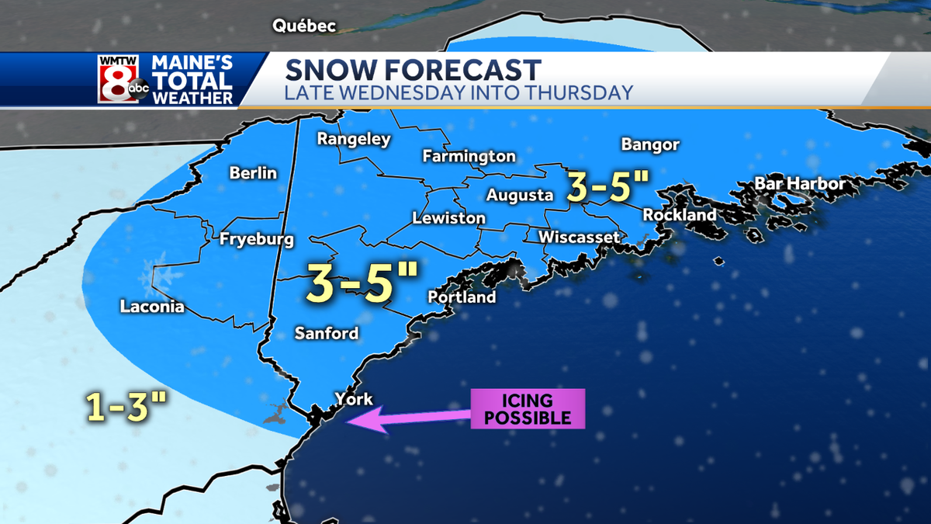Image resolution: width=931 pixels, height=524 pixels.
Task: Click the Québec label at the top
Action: point(303,26)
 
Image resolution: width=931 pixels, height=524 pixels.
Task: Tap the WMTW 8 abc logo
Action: point(123,79)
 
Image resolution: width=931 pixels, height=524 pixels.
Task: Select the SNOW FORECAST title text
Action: point(412,70)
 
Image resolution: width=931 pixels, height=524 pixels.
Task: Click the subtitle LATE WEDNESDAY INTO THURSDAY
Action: point(459,93)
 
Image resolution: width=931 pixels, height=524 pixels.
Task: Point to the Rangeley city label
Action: point(354,140)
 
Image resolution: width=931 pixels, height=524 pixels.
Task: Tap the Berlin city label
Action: point(253,173)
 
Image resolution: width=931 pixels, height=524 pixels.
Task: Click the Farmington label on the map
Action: point(469,157)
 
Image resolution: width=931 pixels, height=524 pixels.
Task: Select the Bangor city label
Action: point(650,144)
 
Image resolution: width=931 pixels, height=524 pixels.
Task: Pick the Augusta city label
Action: point(520,196)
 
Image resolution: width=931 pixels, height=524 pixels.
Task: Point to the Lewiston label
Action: point(448,218)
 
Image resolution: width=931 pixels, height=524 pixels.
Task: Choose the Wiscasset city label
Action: point(579,237)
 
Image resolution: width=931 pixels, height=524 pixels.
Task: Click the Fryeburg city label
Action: point(256,240)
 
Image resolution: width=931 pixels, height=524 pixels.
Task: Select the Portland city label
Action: point(462,297)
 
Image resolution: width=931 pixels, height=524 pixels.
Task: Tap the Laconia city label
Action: point(152,307)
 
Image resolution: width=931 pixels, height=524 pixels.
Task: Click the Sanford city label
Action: point(326,334)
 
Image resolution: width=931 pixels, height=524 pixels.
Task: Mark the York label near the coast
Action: point(353,400)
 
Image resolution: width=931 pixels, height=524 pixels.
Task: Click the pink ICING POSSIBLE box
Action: point(527,409)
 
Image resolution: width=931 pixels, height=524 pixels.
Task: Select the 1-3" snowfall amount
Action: point(127,407)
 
